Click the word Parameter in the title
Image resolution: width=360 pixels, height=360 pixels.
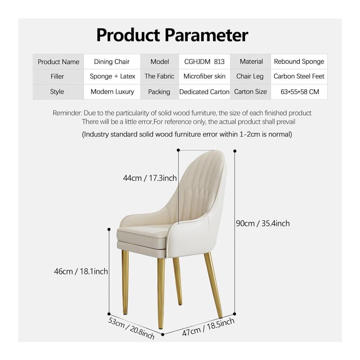[x=206, y=35]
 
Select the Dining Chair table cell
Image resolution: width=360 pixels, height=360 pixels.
[x=112, y=62]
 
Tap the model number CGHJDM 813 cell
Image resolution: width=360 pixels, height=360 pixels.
[x=204, y=62]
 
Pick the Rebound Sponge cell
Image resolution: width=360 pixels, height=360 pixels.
[x=299, y=62]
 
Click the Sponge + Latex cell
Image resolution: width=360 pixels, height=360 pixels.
[x=112, y=76]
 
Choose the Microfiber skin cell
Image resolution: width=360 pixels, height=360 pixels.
[x=204, y=76]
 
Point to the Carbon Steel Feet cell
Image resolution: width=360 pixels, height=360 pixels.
[x=299, y=76]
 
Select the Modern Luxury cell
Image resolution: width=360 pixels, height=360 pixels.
[x=112, y=92]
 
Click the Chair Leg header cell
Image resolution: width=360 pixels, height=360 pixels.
[x=250, y=76]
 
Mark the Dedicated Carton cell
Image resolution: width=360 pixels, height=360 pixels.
[x=204, y=92]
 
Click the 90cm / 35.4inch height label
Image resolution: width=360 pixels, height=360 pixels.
[x=263, y=224]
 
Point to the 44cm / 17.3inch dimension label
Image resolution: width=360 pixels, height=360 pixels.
[x=150, y=178]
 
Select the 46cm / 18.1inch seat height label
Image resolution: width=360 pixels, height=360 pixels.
[x=81, y=271]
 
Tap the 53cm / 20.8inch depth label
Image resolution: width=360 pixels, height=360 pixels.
[x=131, y=328]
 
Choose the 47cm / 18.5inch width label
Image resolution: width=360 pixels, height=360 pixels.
[x=208, y=327]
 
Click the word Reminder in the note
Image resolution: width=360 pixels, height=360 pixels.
[x=67, y=113]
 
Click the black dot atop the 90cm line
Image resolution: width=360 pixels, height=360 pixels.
[x=235, y=151]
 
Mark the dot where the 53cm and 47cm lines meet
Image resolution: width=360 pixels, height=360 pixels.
[x=163, y=334]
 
